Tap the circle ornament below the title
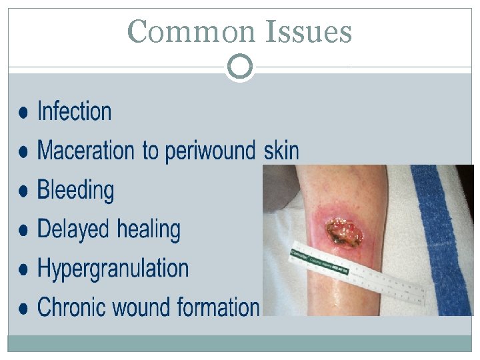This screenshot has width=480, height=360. tap(240, 67)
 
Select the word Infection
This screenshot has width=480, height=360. tap(75, 111)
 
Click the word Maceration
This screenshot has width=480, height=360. tap(87, 151)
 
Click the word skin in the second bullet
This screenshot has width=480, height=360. tap(281, 151)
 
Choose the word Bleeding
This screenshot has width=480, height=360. tap(75, 190)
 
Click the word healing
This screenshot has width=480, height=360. tap(149, 230)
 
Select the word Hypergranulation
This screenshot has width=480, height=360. tap(113, 269)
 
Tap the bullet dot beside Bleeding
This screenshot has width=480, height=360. tap(23, 191)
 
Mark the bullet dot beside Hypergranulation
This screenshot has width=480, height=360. tap(23, 269)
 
